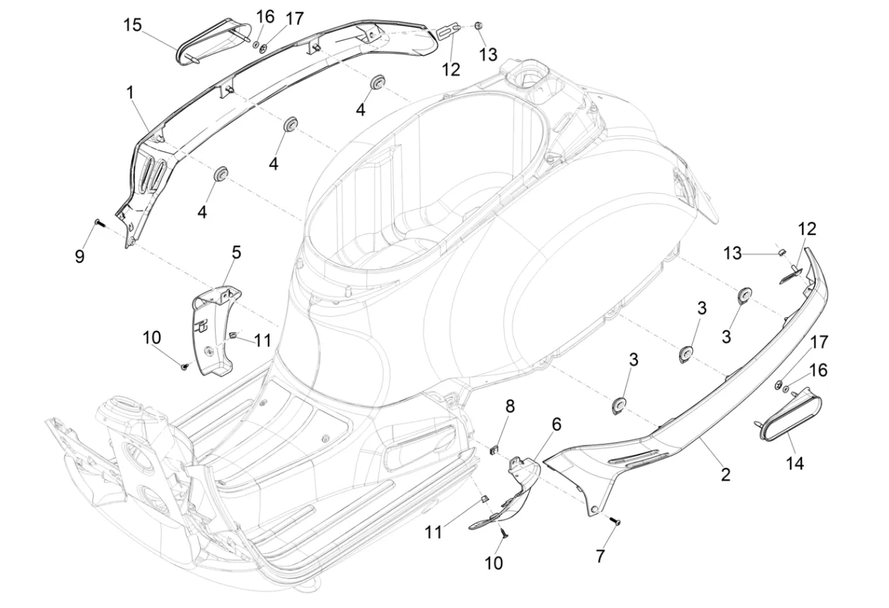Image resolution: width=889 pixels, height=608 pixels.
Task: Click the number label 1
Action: tap(130, 92)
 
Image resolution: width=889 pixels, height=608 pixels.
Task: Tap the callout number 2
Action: tap(725, 475)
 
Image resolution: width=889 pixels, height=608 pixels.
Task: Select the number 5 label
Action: tap(236, 251)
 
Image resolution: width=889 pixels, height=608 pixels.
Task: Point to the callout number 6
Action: tap(557, 424)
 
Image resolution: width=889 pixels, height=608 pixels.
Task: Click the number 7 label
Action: tap(600, 557)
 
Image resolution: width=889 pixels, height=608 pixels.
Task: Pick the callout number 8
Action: tap(509, 406)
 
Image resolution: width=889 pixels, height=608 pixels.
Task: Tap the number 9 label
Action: tap(80, 256)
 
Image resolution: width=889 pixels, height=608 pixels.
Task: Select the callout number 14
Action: tap(794, 464)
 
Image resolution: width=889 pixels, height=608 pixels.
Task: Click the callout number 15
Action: tap(132, 25)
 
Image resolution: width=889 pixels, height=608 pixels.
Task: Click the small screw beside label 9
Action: tap(98, 224)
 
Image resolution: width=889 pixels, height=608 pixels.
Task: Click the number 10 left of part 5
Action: tap(151, 338)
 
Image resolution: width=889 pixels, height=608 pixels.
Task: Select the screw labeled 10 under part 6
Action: tap(504, 533)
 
